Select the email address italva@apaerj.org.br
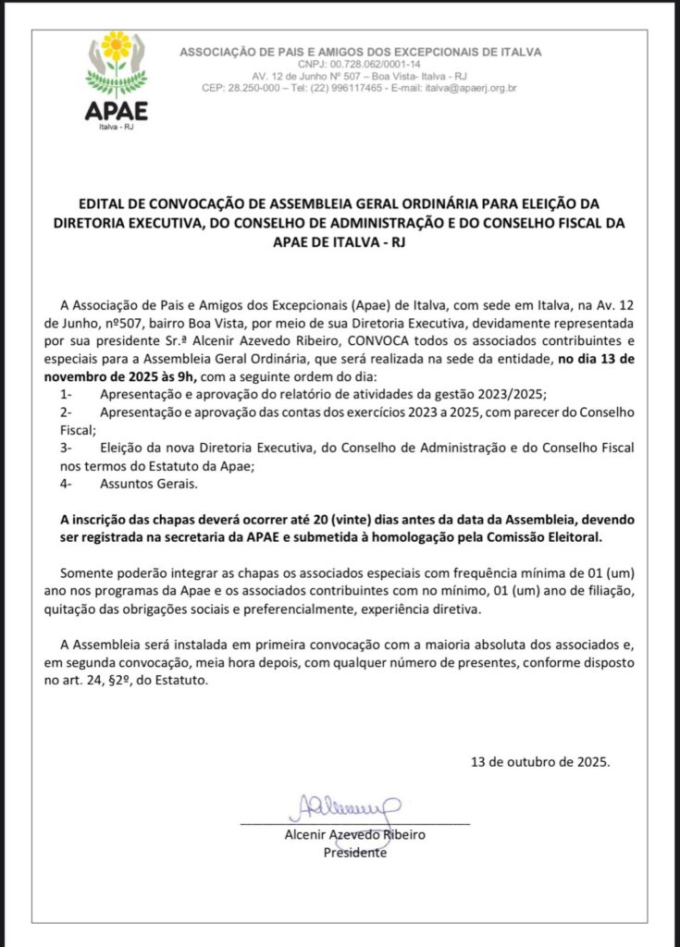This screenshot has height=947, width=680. pyautogui.click(x=471, y=88)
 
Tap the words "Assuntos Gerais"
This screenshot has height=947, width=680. pyautogui.click(x=145, y=483)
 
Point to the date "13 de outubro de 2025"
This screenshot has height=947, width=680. pyautogui.click(x=540, y=762)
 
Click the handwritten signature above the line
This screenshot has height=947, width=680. pyautogui.click(x=343, y=806)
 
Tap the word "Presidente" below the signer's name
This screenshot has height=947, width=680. pyautogui.click(x=355, y=853)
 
